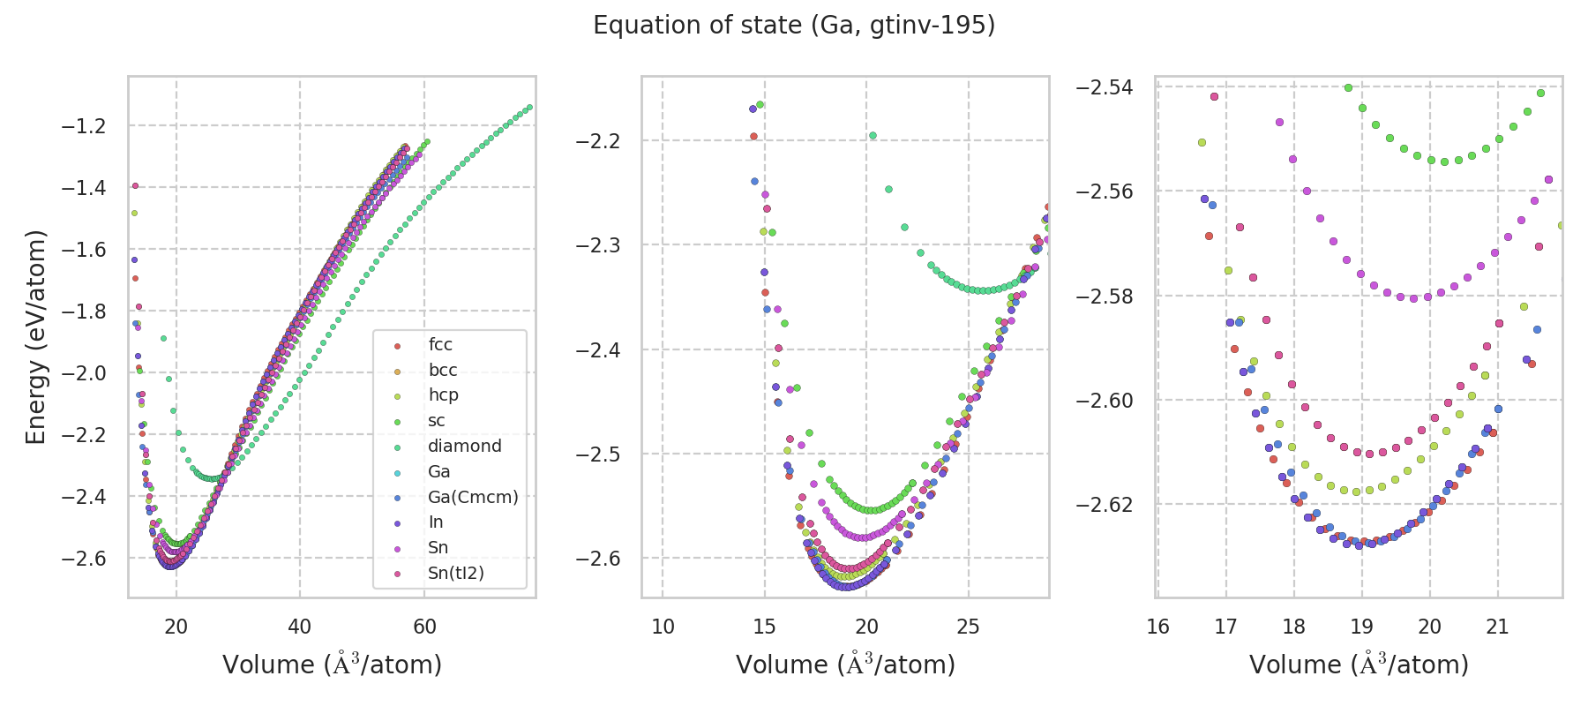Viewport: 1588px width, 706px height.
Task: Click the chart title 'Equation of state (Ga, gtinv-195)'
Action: click(794, 26)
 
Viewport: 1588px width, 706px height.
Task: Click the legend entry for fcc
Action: click(440, 345)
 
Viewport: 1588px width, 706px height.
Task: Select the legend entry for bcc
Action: click(442, 371)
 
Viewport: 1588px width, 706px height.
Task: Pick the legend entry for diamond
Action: click(464, 447)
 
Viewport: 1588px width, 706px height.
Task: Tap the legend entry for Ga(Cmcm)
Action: click(473, 498)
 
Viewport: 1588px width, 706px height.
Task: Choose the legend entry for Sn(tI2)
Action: click(455, 574)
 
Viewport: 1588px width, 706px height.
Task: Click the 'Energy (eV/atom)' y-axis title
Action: click(35, 337)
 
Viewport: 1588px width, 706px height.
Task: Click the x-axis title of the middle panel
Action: click(845, 665)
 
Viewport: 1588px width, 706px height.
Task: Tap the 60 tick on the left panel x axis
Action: click(424, 627)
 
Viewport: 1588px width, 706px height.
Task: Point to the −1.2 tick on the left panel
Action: click(84, 126)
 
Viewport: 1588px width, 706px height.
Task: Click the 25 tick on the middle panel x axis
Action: click(969, 627)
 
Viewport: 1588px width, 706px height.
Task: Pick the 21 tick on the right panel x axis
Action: click(1498, 627)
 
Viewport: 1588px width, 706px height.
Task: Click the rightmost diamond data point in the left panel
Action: click(529, 108)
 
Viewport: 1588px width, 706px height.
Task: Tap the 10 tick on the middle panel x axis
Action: click(663, 627)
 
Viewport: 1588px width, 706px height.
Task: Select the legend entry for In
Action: click(436, 522)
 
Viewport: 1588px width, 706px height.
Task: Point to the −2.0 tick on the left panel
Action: click(84, 373)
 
